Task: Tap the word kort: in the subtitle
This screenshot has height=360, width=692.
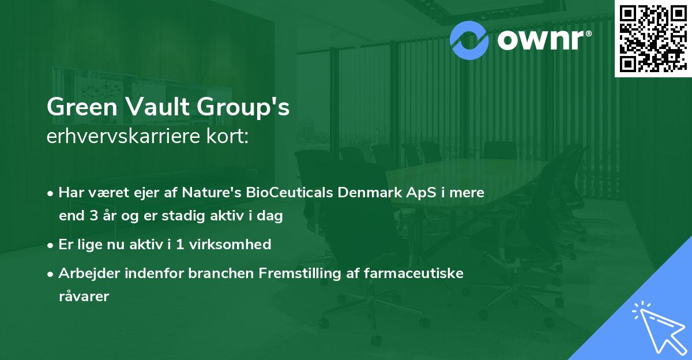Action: [228, 138]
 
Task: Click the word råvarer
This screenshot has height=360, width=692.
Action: [84, 297]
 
